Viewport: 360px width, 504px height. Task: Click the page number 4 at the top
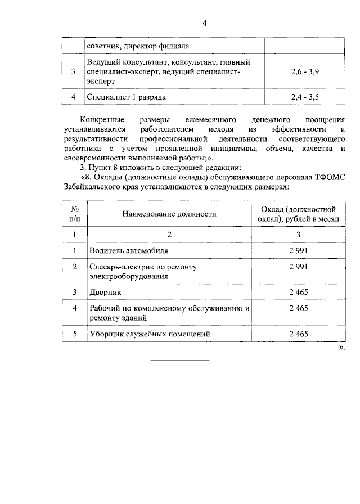click(205, 23)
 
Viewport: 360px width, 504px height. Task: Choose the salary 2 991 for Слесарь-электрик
click(298, 267)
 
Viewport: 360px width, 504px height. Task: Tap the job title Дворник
click(105, 292)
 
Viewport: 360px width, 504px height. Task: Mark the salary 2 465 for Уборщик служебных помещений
click(298, 334)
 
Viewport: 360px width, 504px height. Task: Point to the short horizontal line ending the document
click(179, 360)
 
